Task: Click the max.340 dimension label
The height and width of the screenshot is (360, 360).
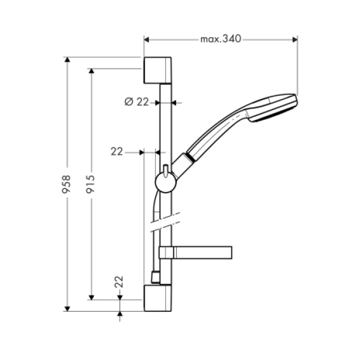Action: click(x=221, y=39)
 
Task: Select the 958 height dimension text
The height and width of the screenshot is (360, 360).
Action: click(x=67, y=184)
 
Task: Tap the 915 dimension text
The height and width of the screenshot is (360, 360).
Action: click(x=90, y=184)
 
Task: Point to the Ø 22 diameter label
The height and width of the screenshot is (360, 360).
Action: click(x=137, y=101)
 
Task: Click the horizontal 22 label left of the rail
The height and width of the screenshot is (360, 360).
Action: click(x=117, y=151)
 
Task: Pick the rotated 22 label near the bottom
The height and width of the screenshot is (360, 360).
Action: click(x=119, y=281)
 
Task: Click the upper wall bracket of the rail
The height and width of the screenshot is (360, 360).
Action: click(x=157, y=70)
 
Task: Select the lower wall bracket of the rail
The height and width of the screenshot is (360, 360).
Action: click(x=157, y=298)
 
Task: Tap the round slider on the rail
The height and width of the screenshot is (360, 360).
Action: click(x=166, y=183)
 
